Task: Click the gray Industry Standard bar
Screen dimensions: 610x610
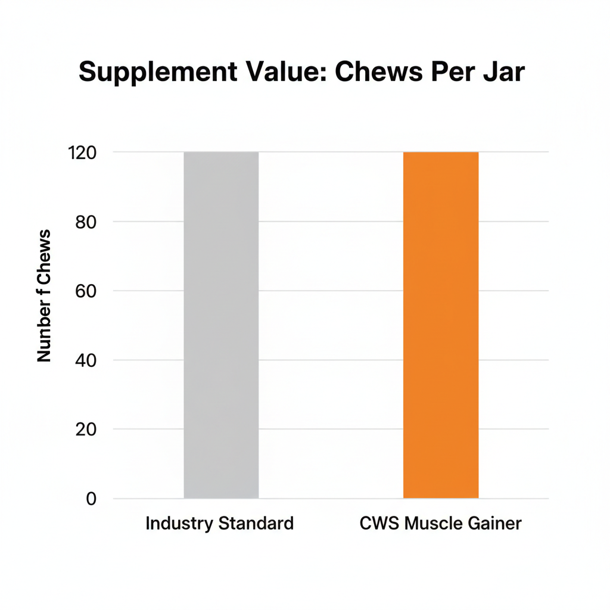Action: pyautogui.click(x=221, y=325)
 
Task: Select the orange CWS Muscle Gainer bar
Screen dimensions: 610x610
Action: pyautogui.click(x=441, y=325)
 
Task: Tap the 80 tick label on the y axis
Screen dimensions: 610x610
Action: pyautogui.click(x=86, y=222)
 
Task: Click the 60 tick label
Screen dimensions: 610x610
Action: pyautogui.click(x=86, y=291)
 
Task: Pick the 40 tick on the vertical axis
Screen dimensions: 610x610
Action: pyautogui.click(x=86, y=360)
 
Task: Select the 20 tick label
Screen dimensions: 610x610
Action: pyautogui.click(x=86, y=429)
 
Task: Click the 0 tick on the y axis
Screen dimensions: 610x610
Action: pyautogui.click(x=91, y=499)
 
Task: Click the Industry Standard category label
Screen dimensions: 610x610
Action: pyautogui.click(x=220, y=524)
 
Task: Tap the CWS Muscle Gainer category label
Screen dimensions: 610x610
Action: pyautogui.click(x=441, y=524)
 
